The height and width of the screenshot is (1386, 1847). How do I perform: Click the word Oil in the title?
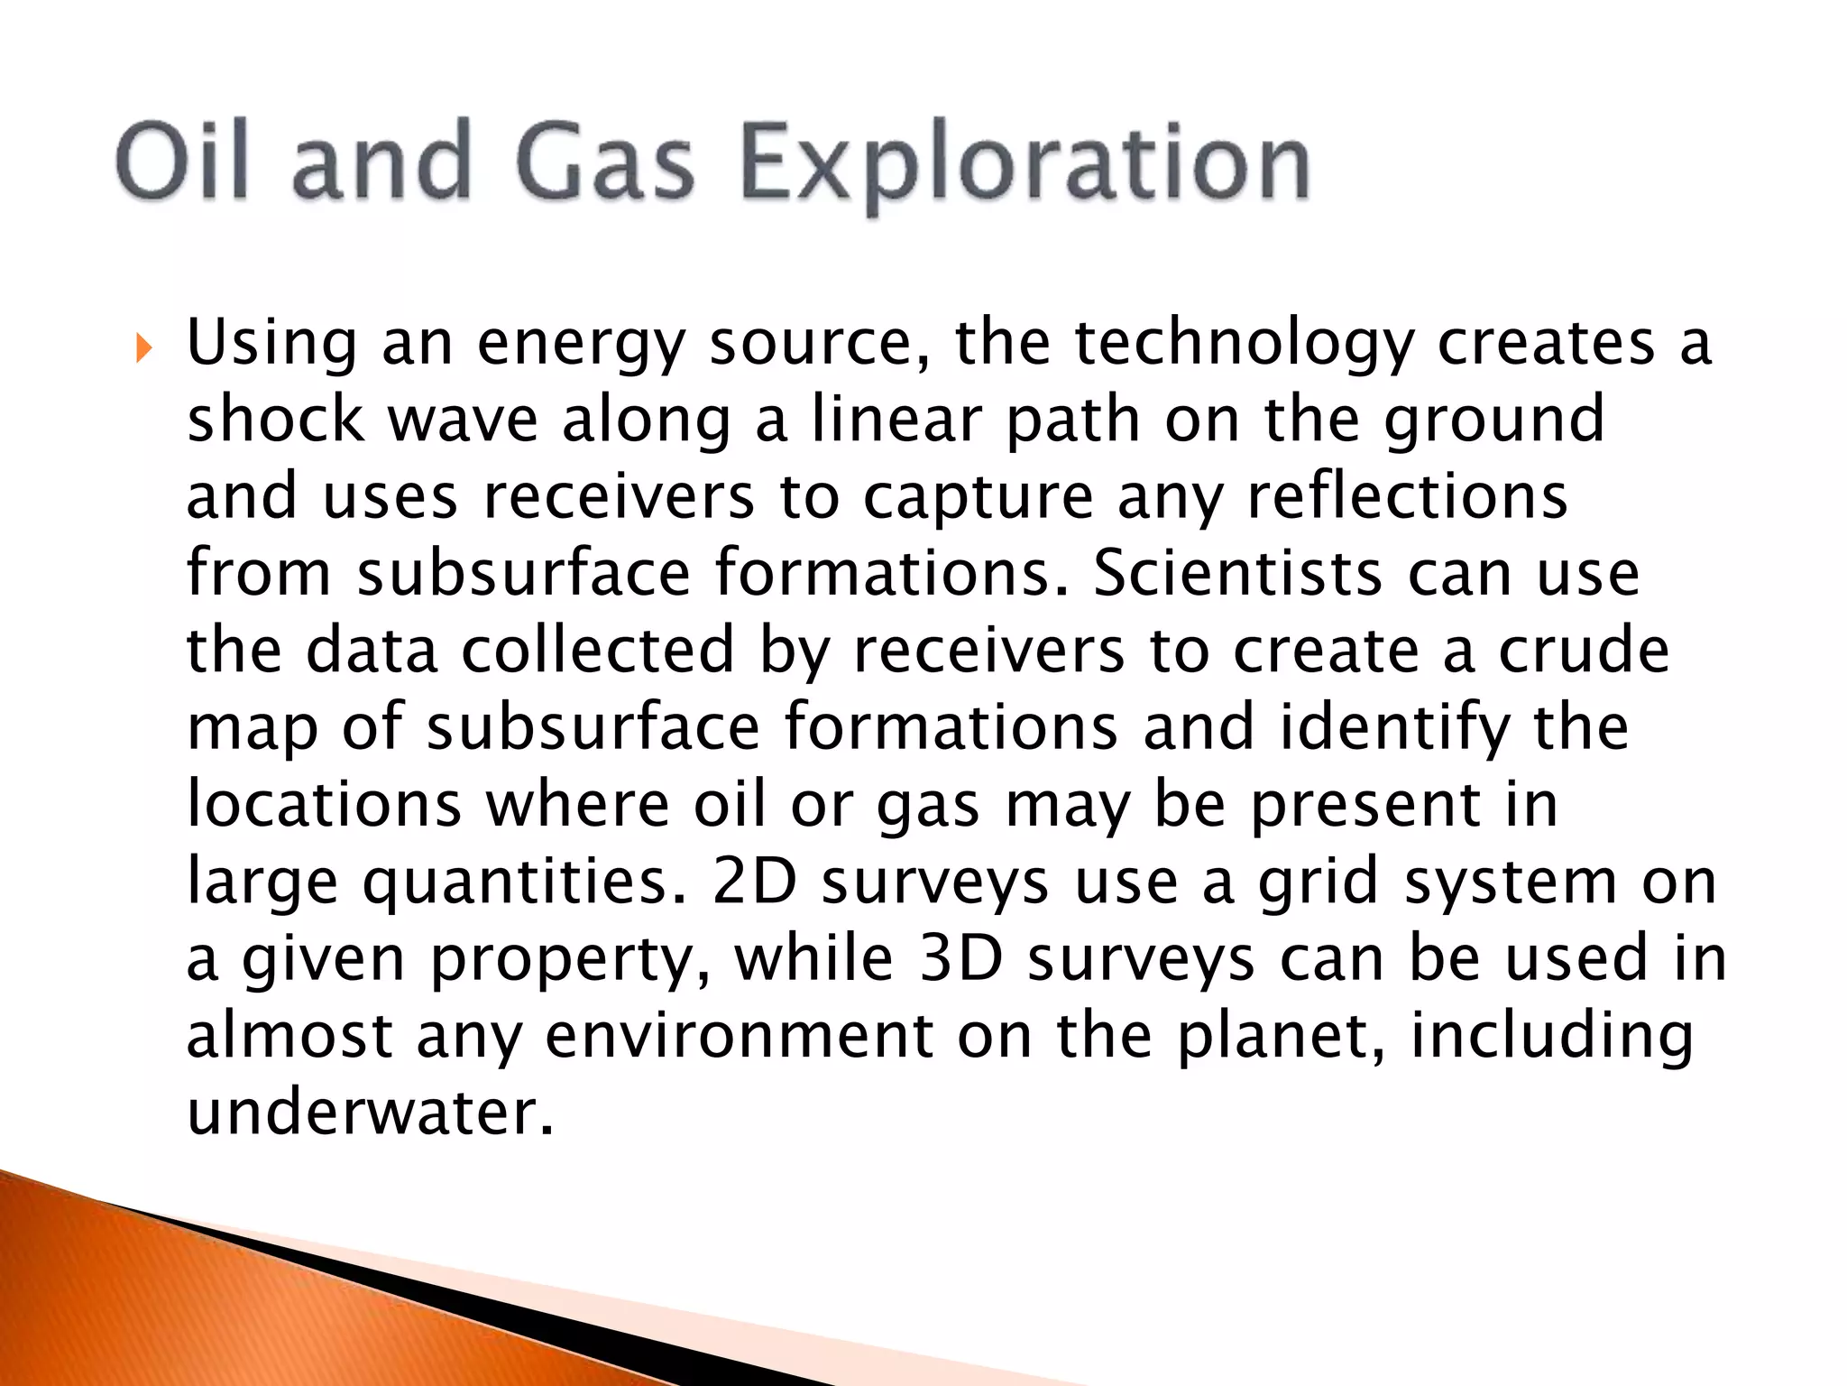pyautogui.click(x=181, y=162)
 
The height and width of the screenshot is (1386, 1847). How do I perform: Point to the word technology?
pyautogui.click(x=1244, y=346)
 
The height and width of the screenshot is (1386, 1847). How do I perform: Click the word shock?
pyautogui.click(x=275, y=420)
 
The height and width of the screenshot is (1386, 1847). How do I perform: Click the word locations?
pyautogui.click(x=324, y=804)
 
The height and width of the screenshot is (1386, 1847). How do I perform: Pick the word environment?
pyautogui.click(x=740, y=1035)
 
